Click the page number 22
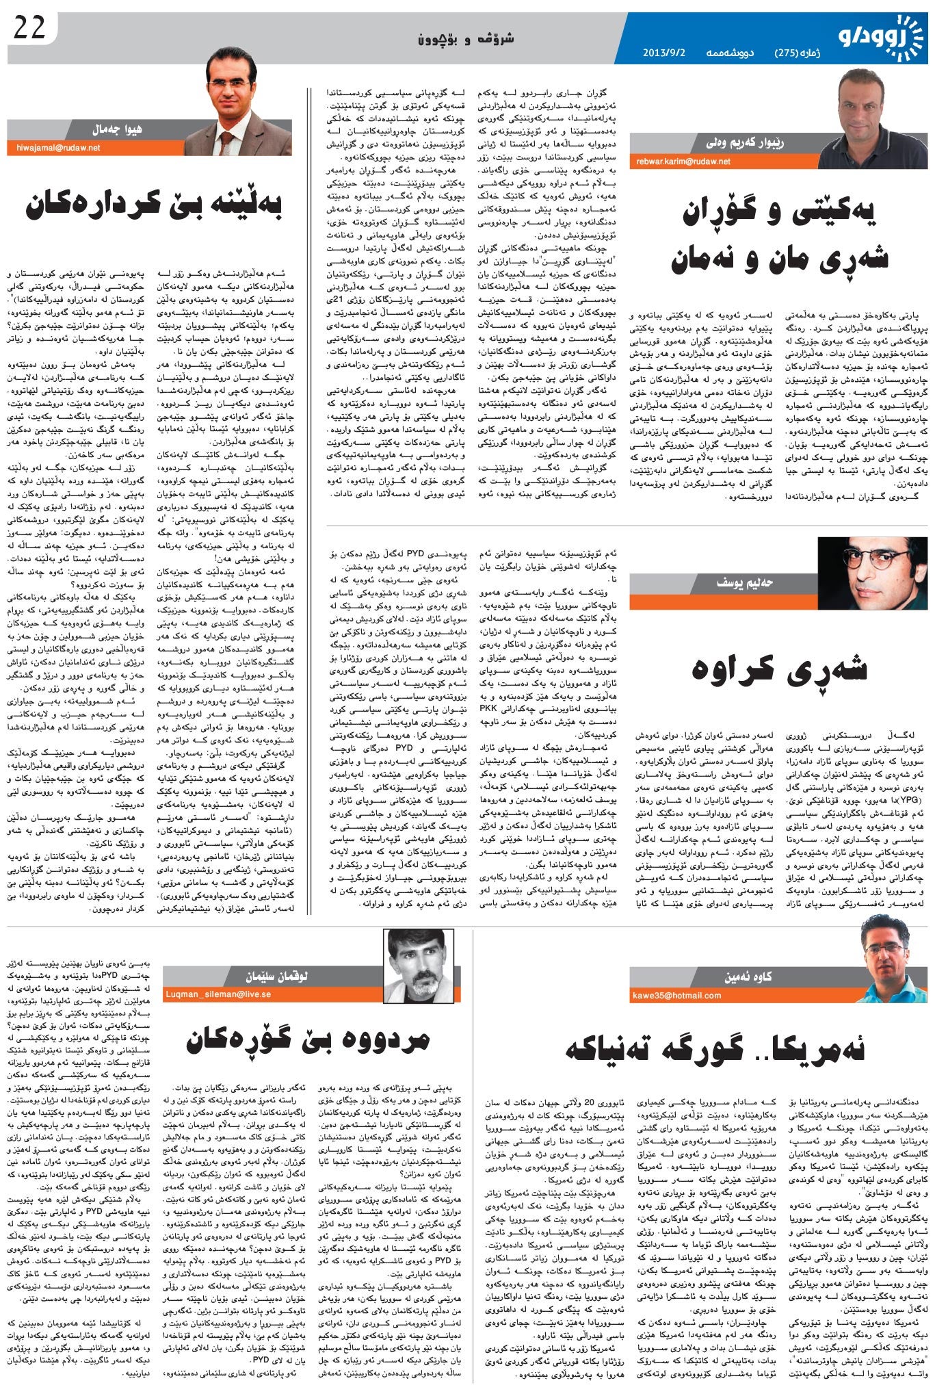29,28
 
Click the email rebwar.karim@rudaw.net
683,161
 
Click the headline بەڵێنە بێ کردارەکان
155,205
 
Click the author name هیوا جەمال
117,129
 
